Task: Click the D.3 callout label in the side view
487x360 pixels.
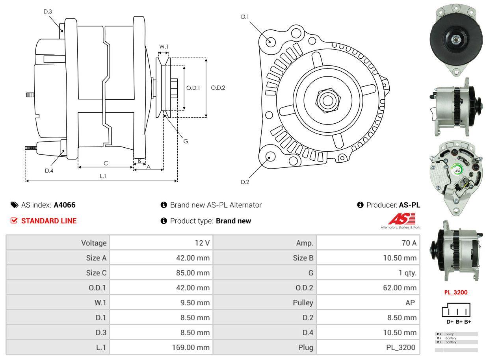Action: click(48, 11)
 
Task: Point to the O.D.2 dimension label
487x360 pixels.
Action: click(218, 87)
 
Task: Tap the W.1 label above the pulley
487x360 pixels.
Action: click(164, 46)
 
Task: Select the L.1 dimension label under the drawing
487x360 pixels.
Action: click(103, 176)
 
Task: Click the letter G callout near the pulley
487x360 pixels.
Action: click(186, 141)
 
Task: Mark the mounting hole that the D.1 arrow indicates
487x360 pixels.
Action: click(270, 41)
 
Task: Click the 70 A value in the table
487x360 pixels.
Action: click(409, 243)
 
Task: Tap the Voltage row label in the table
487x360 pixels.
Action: click(94, 243)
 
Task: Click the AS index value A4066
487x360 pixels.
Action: click(65, 205)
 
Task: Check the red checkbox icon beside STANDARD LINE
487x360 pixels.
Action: click(14, 221)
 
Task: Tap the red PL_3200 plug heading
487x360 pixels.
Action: click(455, 292)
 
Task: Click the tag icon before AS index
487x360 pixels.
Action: click(14, 205)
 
